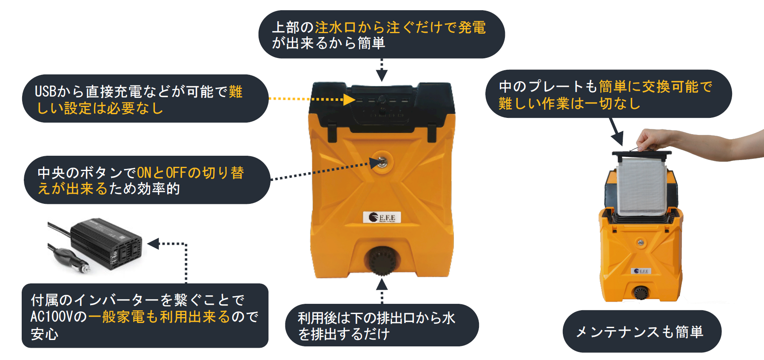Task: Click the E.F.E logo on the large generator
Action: (382, 217)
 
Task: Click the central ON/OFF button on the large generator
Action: (382, 162)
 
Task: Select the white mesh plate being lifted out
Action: (642, 185)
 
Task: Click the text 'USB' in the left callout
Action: (45, 91)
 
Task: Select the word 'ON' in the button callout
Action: (144, 173)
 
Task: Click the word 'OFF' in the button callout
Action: (176, 173)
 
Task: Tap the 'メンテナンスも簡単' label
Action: (641, 332)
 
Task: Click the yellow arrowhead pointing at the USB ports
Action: (349, 100)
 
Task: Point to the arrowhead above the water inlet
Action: (382, 76)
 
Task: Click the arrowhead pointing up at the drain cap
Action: (382, 284)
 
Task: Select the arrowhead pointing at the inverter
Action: (153, 244)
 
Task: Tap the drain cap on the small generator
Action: (640, 292)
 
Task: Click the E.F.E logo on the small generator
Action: (641, 271)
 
